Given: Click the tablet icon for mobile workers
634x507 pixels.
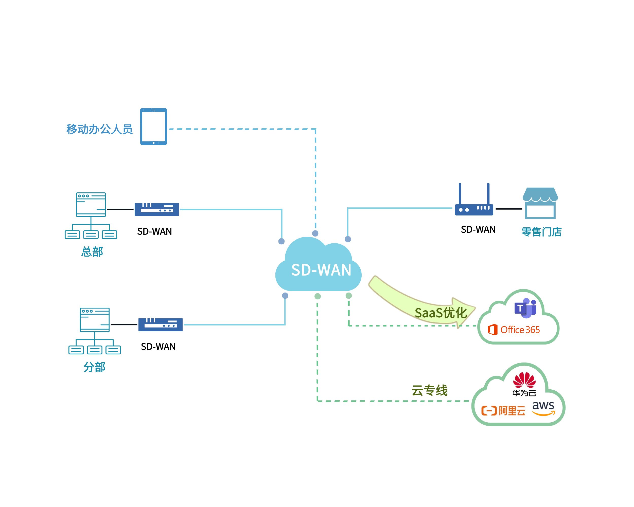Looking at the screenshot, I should pyautogui.click(x=153, y=126).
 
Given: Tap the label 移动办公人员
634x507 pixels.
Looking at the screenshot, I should pyautogui.click(x=99, y=129).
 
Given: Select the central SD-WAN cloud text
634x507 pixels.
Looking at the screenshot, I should pyautogui.click(x=321, y=269).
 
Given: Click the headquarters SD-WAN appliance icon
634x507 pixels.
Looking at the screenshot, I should pyautogui.click(x=157, y=209).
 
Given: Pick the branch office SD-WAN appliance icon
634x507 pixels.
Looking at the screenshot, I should pyautogui.click(x=161, y=324).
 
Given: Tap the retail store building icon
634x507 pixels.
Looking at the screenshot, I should pyautogui.click(x=540, y=203).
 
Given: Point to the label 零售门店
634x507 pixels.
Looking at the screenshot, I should pyautogui.click(x=541, y=232).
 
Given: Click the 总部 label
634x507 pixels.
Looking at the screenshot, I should pyautogui.click(x=92, y=252).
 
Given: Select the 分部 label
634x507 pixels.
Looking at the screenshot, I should pyautogui.click(x=94, y=367).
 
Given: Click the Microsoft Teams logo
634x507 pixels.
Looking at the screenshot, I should pyautogui.click(x=525, y=308).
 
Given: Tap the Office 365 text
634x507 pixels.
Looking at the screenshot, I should pyautogui.click(x=520, y=330).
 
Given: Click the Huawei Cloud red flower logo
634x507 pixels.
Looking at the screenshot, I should pyautogui.click(x=524, y=380).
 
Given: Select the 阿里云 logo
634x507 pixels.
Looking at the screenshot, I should pyautogui.click(x=503, y=411).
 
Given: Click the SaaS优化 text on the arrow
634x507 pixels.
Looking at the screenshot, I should pyautogui.click(x=441, y=313).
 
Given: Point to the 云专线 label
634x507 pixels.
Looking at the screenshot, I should pyautogui.click(x=429, y=390).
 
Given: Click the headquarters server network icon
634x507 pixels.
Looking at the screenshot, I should pyautogui.click(x=91, y=215).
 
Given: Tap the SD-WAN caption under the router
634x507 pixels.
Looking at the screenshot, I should pyautogui.click(x=478, y=230).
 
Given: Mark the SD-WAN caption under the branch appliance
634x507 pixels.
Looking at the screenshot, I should pyautogui.click(x=158, y=347).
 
